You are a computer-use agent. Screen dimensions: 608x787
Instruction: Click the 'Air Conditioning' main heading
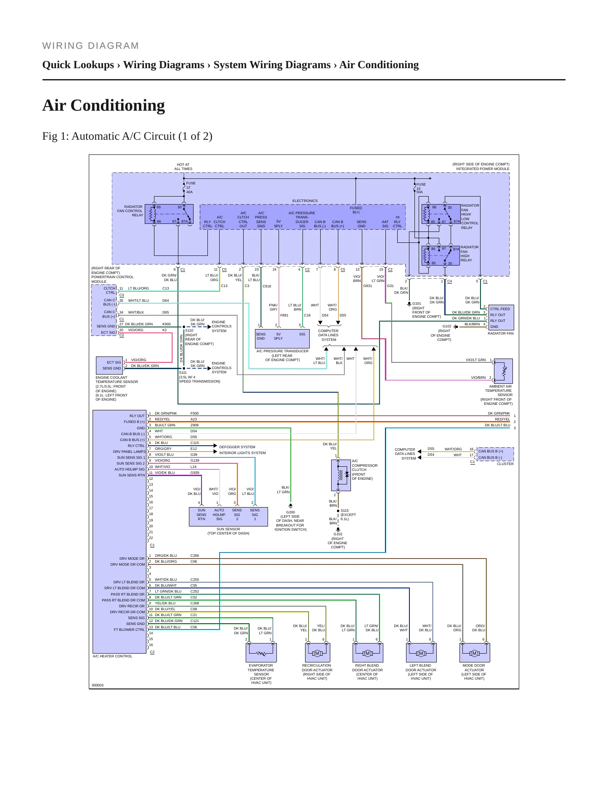pyautogui.click(x=104, y=106)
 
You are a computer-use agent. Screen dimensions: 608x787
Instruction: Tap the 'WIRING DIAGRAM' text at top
pyautogui.click(x=90, y=46)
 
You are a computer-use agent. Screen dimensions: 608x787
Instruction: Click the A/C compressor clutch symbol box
pyautogui.click(x=341, y=475)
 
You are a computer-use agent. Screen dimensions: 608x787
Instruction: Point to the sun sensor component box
pyautogui.click(x=228, y=516)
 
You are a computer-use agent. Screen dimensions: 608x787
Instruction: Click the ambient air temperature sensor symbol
pyautogui.click(x=503, y=371)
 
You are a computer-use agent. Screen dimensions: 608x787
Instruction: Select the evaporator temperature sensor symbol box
pyautogui.click(x=261, y=653)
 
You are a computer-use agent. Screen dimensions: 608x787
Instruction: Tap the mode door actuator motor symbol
pyautogui.click(x=475, y=653)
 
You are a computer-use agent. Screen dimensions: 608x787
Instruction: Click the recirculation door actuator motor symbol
pyautogui.click(x=317, y=653)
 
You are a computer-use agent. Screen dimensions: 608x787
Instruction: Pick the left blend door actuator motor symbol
pyautogui.click(x=421, y=653)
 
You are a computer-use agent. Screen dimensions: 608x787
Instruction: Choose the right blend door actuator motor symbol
pyautogui.click(x=368, y=653)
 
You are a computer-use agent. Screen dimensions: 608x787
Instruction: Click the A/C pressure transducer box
pyautogui.click(x=282, y=338)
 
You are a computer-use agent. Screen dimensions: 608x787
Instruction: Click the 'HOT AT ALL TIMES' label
pyautogui.click(x=183, y=167)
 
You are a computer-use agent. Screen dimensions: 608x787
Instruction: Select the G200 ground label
pyautogui.click(x=290, y=512)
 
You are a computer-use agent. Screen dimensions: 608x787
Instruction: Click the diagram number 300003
pyautogui.click(x=98, y=685)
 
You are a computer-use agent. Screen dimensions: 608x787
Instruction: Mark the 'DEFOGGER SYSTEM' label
pyautogui.click(x=237, y=447)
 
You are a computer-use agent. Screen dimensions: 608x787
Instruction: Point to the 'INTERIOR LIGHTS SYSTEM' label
pyautogui.click(x=242, y=453)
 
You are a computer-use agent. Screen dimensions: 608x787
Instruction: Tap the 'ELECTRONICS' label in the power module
pyautogui.click(x=305, y=201)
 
